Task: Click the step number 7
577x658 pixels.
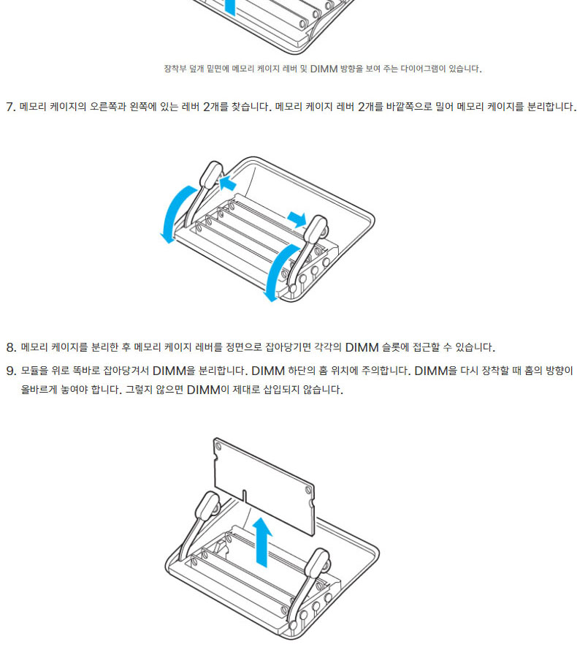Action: click(x=10, y=107)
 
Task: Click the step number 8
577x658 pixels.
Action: click(x=11, y=347)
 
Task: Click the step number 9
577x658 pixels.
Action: click(x=11, y=371)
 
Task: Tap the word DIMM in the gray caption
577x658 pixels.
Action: click(x=324, y=69)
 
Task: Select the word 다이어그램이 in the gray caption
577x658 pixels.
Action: click(x=423, y=69)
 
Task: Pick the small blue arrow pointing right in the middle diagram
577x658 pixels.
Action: click(x=297, y=219)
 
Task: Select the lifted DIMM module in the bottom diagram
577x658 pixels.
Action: click(x=264, y=486)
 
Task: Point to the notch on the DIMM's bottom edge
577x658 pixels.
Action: click(x=244, y=495)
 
